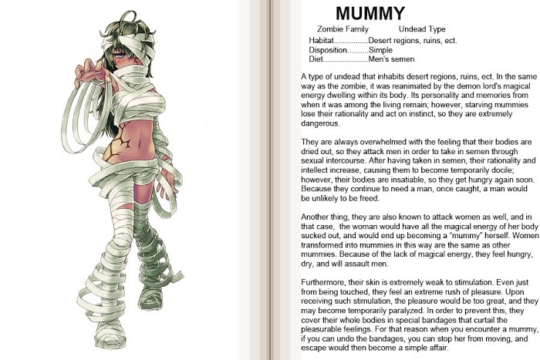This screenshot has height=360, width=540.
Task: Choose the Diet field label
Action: point(316,59)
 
